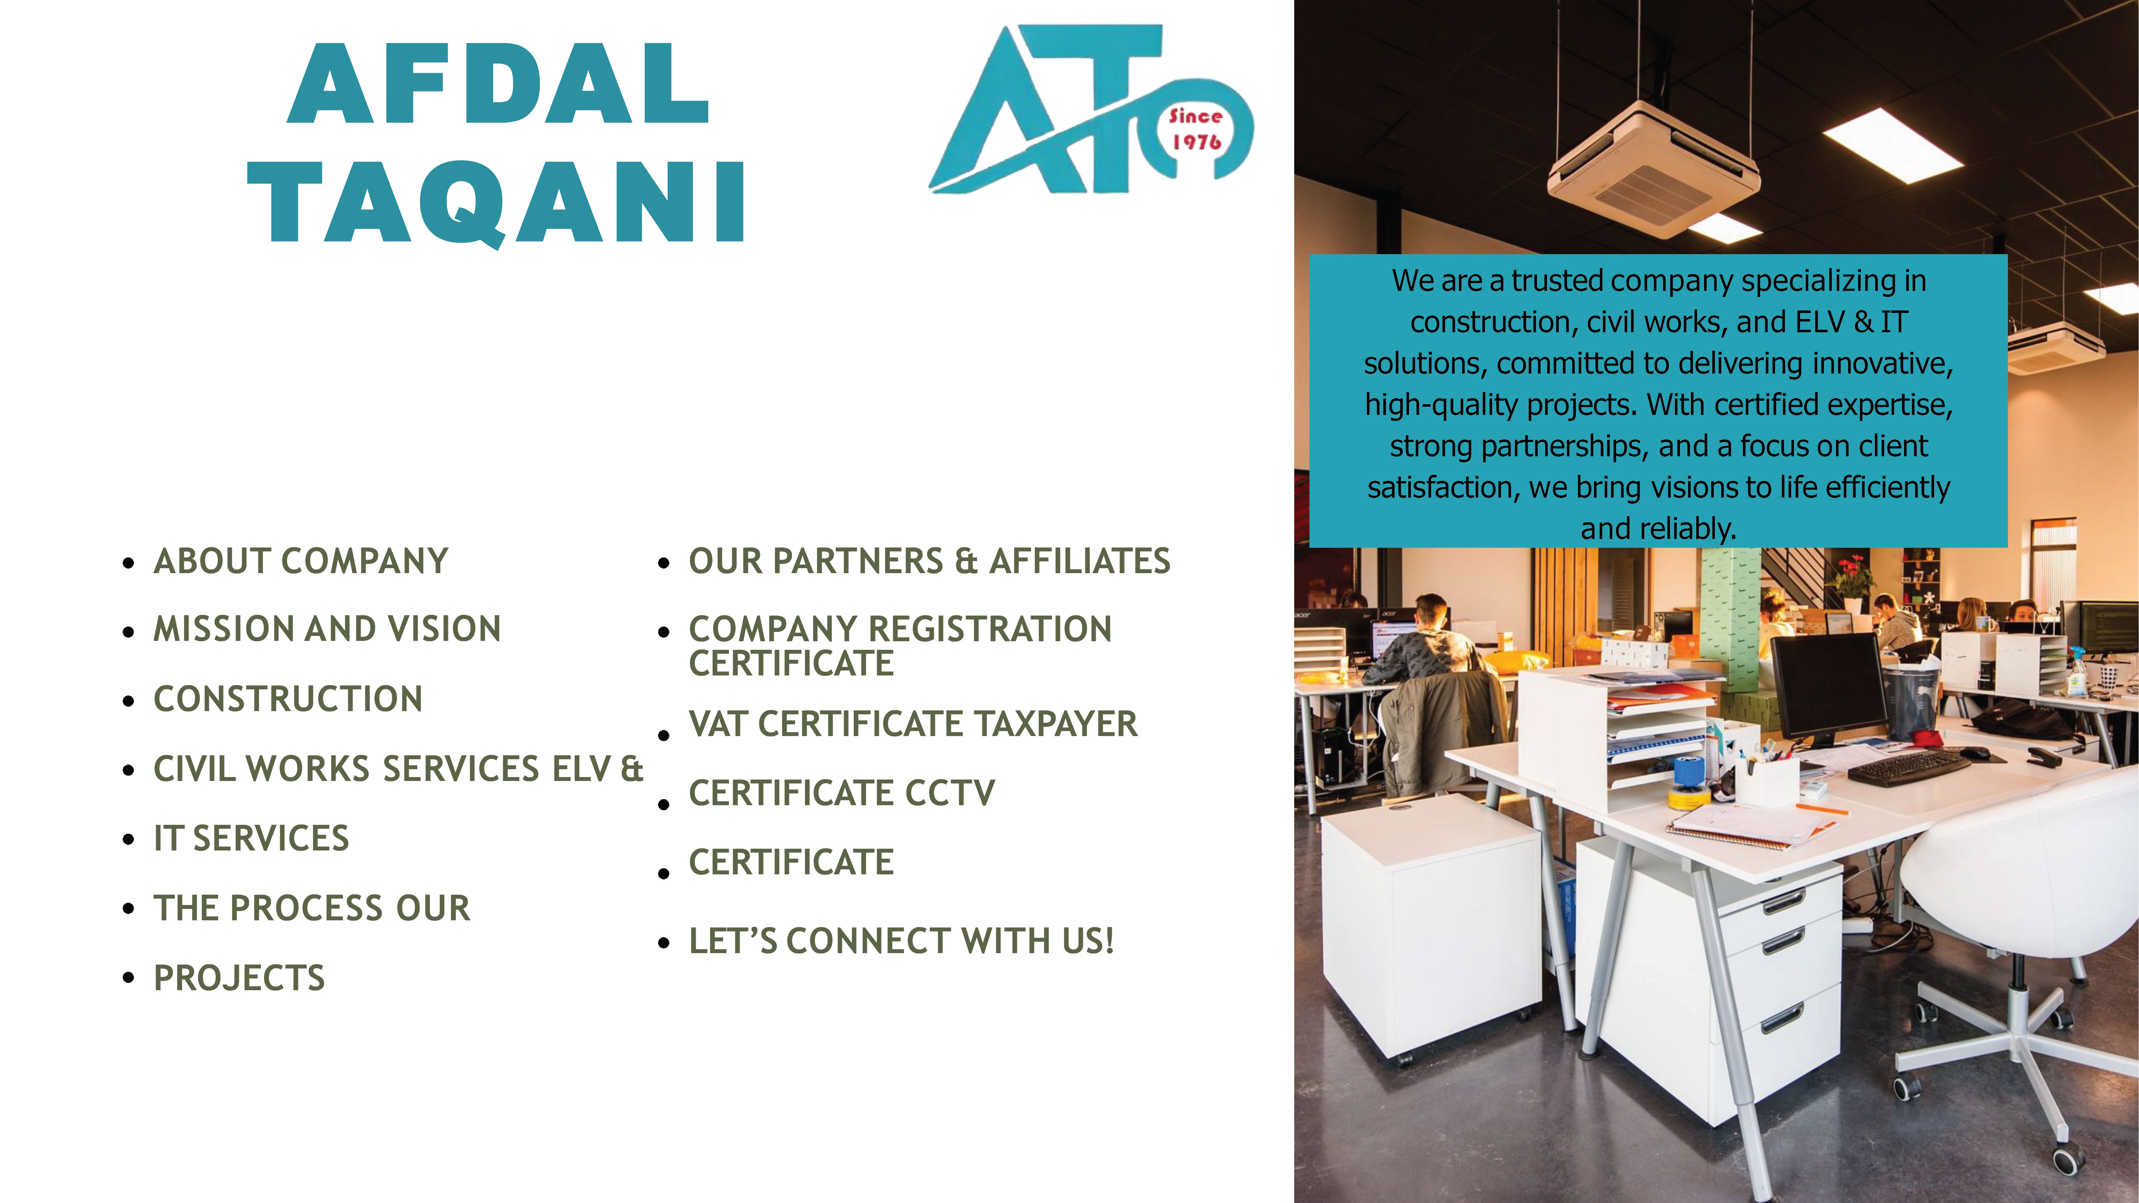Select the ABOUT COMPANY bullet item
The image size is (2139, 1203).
click(x=300, y=561)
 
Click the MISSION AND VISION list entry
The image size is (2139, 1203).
click(x=327, y=629)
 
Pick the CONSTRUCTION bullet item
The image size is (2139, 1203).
click(x=288, y=699)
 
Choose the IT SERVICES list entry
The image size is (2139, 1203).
click(x=252, y=838)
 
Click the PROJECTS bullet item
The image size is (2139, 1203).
click(x=239, y=978)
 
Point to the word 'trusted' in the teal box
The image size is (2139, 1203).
click(x=1557, y=281)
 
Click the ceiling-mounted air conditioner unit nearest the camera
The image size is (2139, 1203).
click(x=1652, y=170)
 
